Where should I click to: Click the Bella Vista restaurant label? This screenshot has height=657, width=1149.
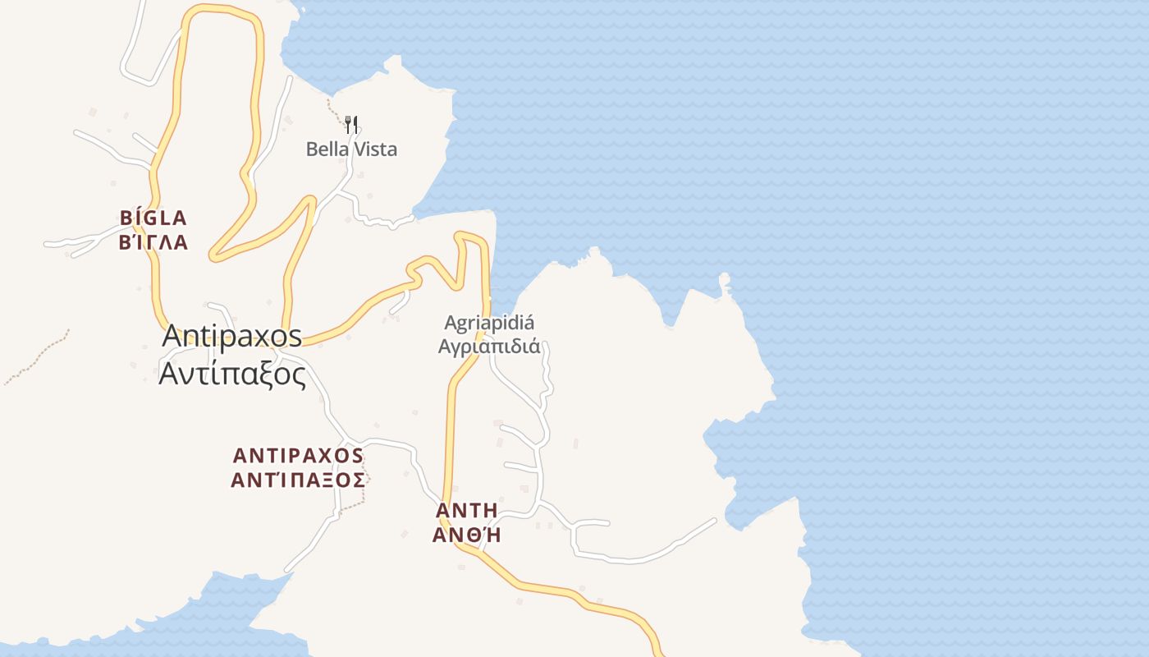click(351, 149)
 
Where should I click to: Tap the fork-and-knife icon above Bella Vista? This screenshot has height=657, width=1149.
click(351, 124)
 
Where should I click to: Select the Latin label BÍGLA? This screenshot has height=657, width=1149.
click(153, 218)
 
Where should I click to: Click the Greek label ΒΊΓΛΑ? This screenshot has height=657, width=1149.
click(153, 242)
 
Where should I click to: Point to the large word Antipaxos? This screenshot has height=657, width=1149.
click(232, 336)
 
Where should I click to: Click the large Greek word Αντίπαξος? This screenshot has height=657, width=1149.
click(232, 374)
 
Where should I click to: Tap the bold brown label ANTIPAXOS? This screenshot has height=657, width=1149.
click(298, 456)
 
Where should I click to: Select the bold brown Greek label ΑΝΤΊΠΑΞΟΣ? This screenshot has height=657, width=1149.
click(298, 480)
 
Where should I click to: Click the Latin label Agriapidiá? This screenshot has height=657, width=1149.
click(489, 323)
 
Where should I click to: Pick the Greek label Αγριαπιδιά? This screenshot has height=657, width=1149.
click(489, 346)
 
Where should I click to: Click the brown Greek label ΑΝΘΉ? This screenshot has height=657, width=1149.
click(466, 535)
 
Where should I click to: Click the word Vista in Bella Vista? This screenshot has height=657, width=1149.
click(375, 149)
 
